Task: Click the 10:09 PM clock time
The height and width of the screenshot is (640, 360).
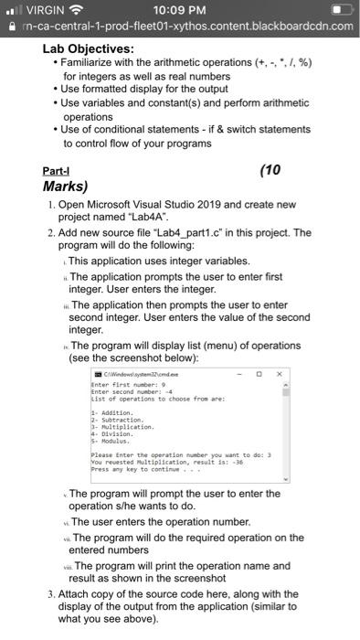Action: click(x=179, y=10)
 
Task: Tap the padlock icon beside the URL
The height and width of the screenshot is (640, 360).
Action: click(x=7, y=26)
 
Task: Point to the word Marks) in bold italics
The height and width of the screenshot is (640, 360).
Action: click(x=65, y=187)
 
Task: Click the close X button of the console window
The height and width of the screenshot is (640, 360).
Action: click(x=281, y=374)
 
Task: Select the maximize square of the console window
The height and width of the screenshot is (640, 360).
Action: click(x=259, y=374)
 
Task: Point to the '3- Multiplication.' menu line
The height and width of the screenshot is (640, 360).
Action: click(x=124, y=426)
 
